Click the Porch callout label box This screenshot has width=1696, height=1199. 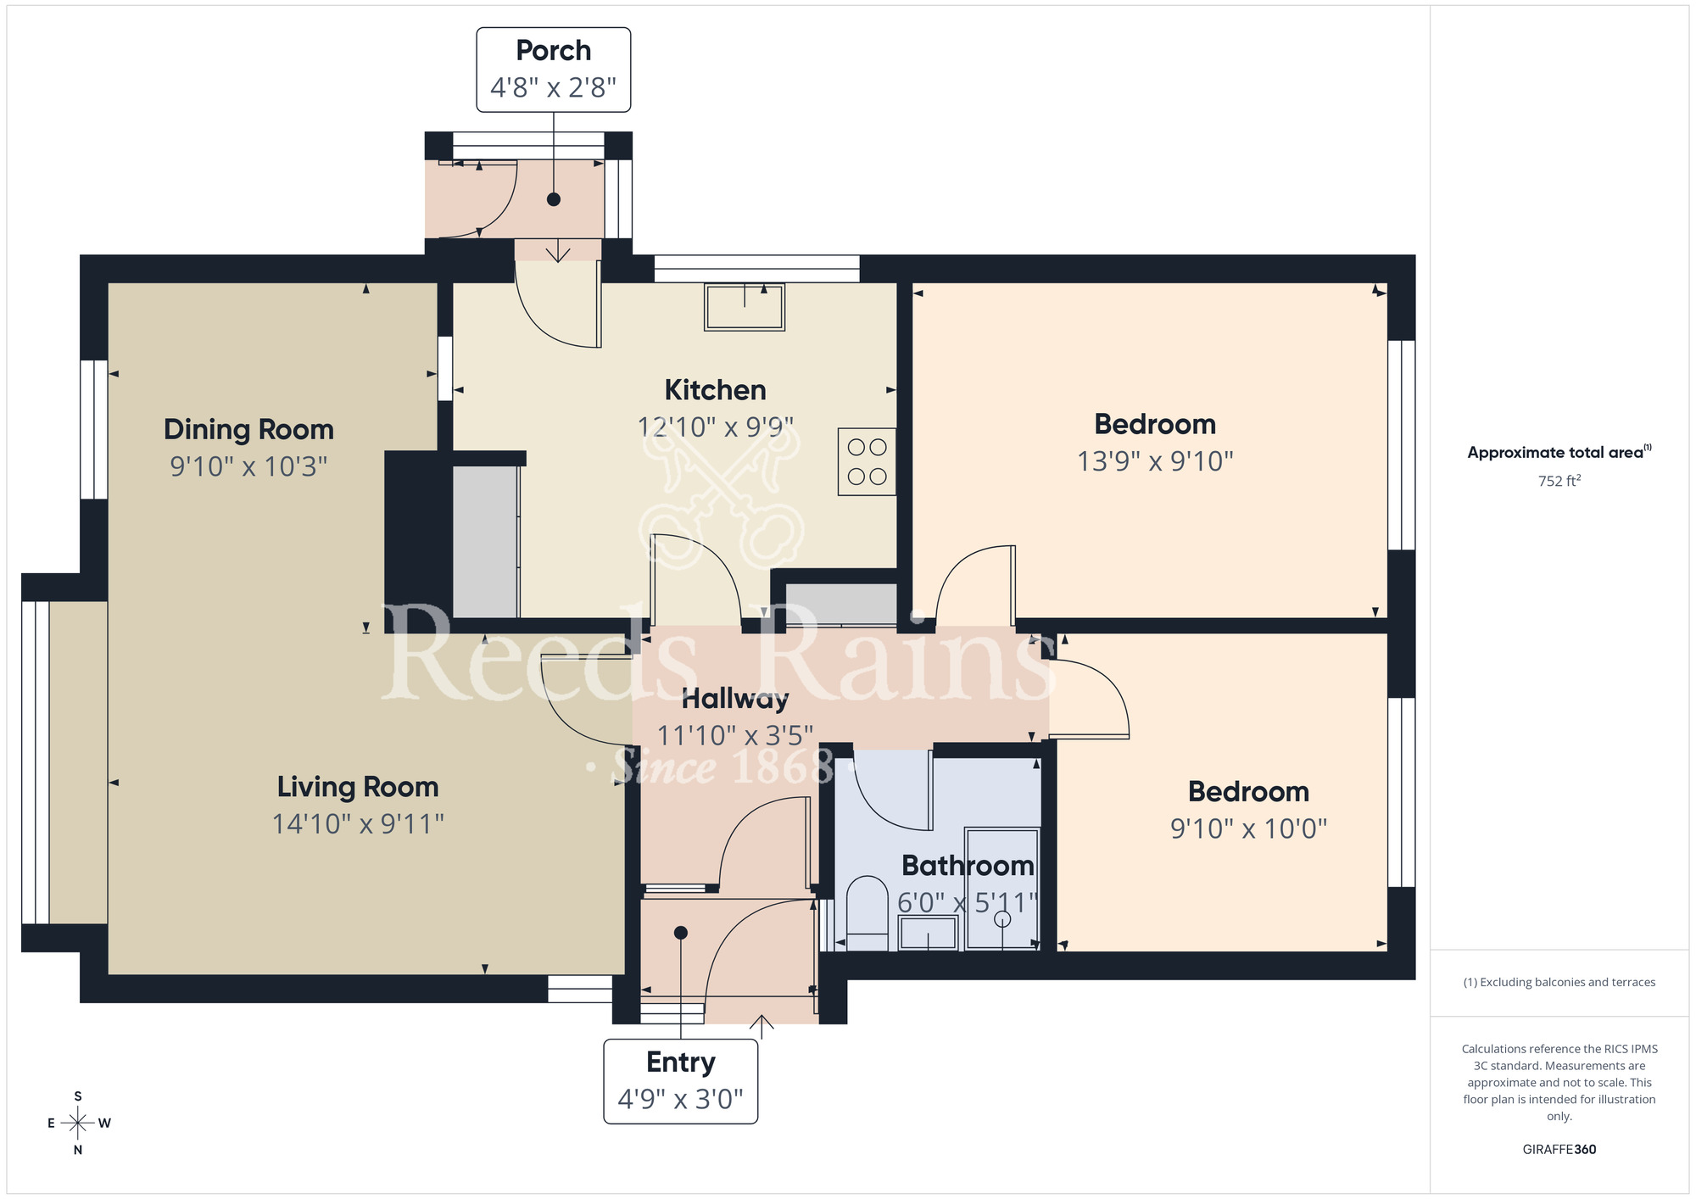[x=553, y=70]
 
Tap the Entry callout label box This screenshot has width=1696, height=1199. [x=680, y=1080]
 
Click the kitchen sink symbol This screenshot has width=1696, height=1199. [x=744, y=306]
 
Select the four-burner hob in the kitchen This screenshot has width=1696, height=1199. [x=867, y=461]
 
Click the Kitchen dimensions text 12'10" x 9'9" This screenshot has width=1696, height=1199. [x=715, y=427]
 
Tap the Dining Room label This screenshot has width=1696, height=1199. [x=248, y=429]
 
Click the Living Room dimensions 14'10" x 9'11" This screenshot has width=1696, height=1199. [x=358, y=823]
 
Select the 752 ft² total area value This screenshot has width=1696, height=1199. [x=1559, y=481]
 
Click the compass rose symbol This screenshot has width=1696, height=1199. [x=78, y=1124]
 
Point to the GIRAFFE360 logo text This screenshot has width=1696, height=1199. [x=1559, y=1150]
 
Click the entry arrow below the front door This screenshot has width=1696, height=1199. [x=762, y=1026]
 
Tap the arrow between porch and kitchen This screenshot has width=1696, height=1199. [x=558, y=252]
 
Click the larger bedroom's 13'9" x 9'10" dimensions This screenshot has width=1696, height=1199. [x=1154, y=461]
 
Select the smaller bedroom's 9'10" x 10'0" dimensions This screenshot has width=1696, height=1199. [x=1248, y=828]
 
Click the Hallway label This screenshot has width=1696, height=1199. [x=734, y=699]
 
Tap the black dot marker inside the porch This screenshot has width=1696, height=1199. [x=554, y=200]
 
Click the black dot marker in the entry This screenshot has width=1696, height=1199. [x=680, y=933]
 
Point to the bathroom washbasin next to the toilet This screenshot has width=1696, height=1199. [x=928, y=934]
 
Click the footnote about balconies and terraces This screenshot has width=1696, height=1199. [x=1559, y=982]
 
